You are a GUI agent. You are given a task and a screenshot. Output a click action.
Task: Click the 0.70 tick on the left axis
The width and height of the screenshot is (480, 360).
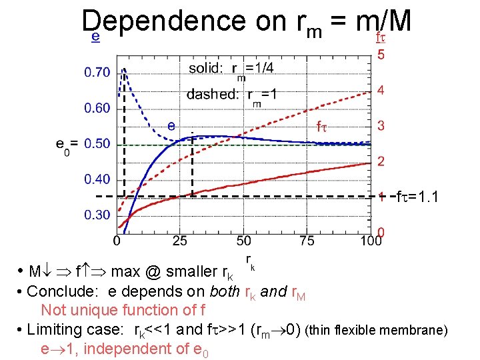(x=97, y=72)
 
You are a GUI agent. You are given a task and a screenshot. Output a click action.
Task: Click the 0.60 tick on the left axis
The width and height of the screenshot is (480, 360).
(x=97, y=107)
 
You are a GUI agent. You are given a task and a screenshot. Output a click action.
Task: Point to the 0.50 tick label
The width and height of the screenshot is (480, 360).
(x=97, y=143)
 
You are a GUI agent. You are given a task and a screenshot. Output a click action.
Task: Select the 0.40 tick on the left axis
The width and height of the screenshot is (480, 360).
(x=97, y=179)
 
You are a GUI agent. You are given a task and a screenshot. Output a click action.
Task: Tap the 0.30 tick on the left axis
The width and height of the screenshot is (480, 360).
(x=97, y=215)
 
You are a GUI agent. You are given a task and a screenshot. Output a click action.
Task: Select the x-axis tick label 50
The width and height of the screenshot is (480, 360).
(x=243, y=240)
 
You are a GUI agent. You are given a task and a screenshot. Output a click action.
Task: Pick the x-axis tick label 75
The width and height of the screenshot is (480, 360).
(x=307, y=240)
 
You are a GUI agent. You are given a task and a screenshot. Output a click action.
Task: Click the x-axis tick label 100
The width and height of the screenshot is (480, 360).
(x=371, y=240)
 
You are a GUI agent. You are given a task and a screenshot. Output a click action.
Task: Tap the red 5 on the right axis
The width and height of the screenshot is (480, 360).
(x=381, y=55)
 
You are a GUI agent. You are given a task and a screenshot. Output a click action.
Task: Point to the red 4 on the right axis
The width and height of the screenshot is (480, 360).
(x=381, y=90)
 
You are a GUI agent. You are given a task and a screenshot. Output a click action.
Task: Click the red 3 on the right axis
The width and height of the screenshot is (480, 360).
(x=381, y=125)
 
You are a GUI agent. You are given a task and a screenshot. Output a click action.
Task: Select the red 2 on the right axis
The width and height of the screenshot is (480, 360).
(x=381, y=161)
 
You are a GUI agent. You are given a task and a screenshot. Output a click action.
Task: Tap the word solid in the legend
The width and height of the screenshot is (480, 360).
(x=207, y=68)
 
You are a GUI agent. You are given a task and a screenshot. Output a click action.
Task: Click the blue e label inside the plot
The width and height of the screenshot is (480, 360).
(x=171, y=125)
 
